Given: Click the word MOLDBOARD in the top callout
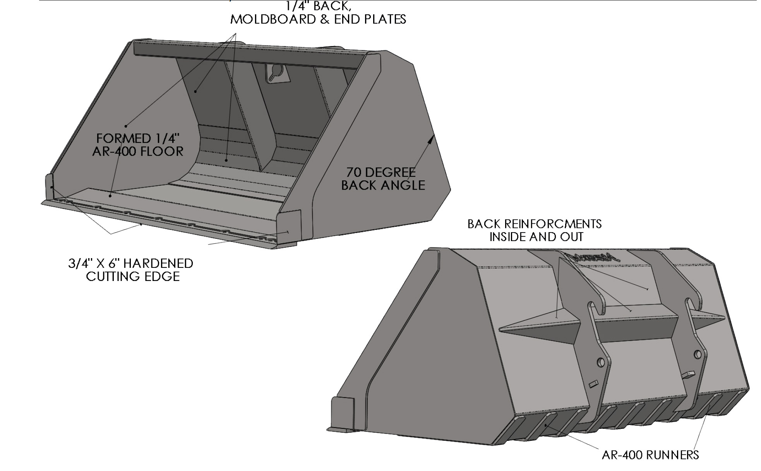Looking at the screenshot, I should (271, 19).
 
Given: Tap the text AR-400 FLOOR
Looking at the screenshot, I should (138, 151).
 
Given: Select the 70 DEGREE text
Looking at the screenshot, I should (381, 172).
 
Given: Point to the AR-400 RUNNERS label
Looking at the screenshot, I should (650, 455).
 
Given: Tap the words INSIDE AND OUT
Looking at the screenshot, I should (536, 236).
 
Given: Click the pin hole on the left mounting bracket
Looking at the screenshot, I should (601, 363).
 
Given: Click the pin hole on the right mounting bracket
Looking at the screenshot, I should (698, 354).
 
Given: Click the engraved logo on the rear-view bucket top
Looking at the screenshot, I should (595, 258).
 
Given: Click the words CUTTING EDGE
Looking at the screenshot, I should (133, 276).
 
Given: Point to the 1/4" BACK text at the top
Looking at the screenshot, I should (319, 6).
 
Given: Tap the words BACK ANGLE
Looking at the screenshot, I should (383, 185).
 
